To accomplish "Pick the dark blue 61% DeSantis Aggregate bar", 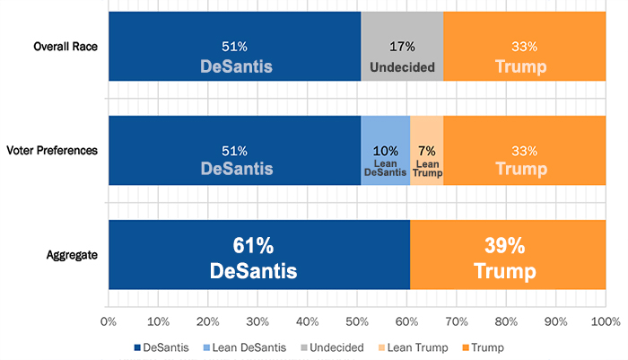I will pos(258,255).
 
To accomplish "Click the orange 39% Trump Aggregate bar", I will pos(507,255).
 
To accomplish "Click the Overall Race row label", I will pos(65,47).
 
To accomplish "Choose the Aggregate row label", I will pos(74,255).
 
